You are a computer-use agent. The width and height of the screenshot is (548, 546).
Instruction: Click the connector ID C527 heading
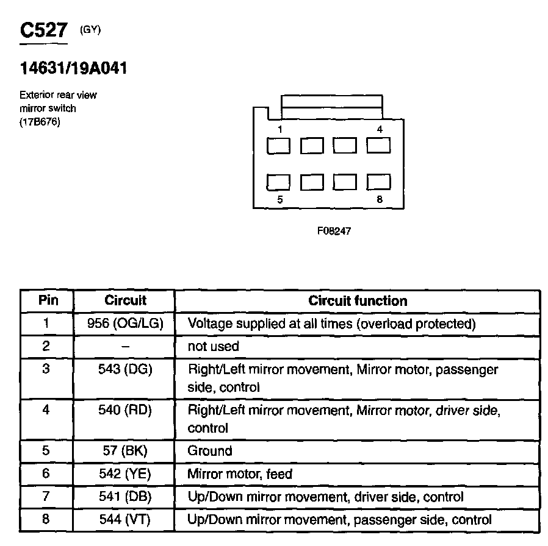click(x=43, y=31)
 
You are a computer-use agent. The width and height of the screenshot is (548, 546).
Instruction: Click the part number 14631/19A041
click(x=73, y=68)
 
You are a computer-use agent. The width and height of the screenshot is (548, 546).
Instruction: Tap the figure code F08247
click(x=334, y=231)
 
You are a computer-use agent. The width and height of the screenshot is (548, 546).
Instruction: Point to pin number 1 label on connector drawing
click(x=279, y=129)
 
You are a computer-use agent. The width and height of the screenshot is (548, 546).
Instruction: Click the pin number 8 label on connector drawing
click(x=380, y=199)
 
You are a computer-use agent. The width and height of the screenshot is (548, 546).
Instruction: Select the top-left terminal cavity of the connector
click(x=279, y=146)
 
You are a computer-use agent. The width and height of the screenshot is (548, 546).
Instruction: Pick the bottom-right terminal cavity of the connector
click(x=378, y=182)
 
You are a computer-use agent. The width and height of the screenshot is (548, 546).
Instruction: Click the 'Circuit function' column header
click(x=357, y=300)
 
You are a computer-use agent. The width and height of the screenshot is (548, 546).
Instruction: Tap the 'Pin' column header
click(x=48, y=300)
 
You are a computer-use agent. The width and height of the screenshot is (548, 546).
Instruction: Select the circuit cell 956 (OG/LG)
click(x=125, y=323)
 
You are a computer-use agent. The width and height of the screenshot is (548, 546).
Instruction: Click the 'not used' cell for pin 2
click(x=214, y=346)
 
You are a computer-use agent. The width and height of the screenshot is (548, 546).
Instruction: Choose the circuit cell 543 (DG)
click(x=125, y=369)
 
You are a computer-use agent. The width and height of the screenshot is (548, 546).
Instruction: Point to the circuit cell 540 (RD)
click(x=125, y=410)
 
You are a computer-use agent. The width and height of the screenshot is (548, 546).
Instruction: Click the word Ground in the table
click(x=210, y=451)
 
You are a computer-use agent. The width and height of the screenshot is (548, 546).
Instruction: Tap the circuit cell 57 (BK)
click(x=125, y=451)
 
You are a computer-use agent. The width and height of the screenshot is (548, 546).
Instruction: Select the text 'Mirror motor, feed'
click(x=240, y=473)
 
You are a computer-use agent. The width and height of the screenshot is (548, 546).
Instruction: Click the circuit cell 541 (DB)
click(x=125, y=497)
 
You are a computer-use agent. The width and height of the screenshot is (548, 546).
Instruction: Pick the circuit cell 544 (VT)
click(x=125, y=520)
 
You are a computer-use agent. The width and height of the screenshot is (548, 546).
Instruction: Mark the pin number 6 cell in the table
click(x=46, y=473)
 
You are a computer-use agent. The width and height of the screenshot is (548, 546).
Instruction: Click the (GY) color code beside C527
click(x=90, y=29)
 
